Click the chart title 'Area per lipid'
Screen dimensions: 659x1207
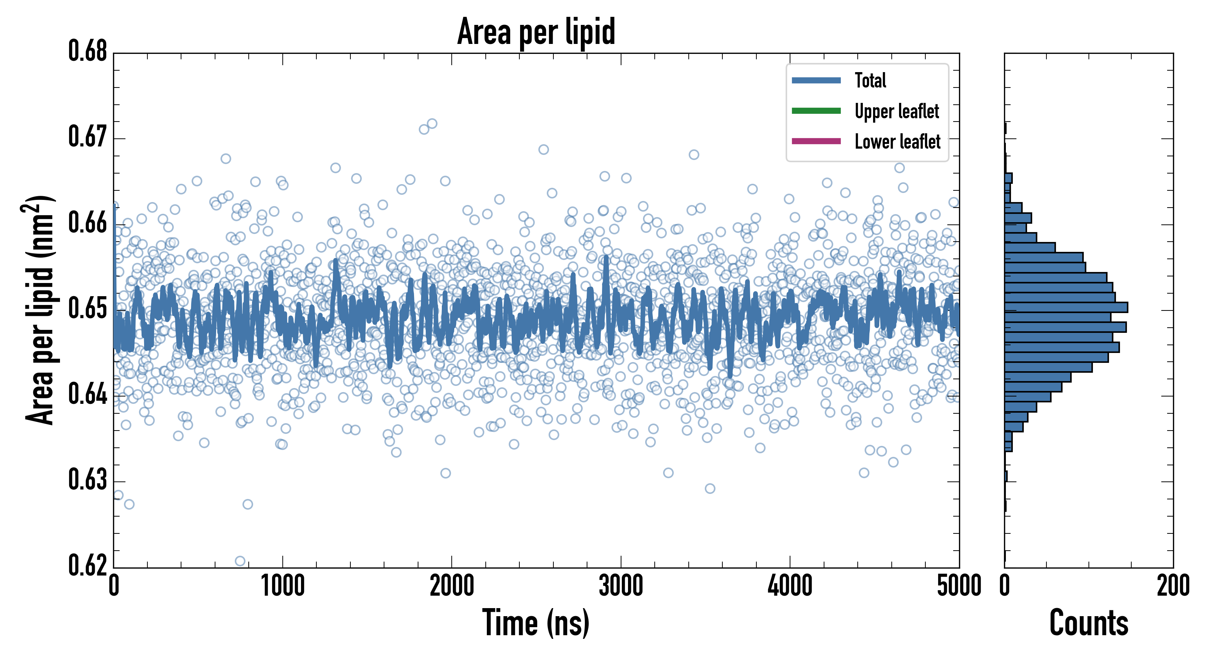point(536,31)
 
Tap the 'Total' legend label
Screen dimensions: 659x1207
point(870,80)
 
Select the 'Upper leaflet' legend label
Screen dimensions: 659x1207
point(896,111)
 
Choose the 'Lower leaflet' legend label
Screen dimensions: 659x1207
point(897,142)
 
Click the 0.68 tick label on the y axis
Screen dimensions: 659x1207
point(88,51)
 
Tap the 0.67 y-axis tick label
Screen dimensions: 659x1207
point(88,137)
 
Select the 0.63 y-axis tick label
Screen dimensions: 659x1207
point(88,480)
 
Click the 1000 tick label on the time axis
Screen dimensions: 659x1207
point(282,586)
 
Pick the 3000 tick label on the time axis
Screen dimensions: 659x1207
point(621,586)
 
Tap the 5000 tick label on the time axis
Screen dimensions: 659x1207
point(959,586)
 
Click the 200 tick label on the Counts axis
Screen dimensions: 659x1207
point(1173,586)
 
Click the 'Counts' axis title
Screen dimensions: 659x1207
point(1088,623)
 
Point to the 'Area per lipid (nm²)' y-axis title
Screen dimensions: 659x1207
point(40,310)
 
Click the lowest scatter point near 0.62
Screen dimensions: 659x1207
point(240,561)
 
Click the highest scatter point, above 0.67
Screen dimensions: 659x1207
point(432,124)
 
